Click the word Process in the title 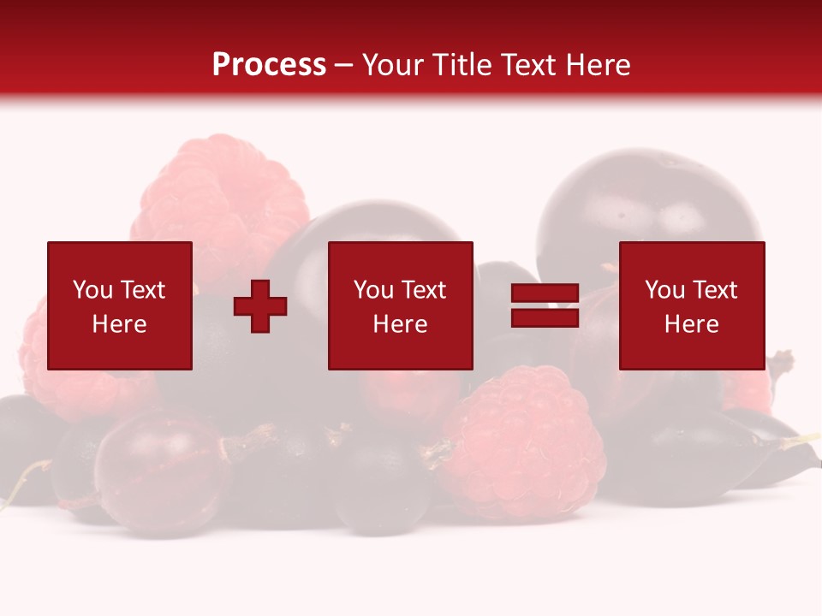pos(269,65)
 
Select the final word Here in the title pos(597,65)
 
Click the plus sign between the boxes pos(260,306)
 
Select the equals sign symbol pos(545,306)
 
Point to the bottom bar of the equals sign pos(545,317)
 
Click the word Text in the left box pos(141,290)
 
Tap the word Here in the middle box pos(400,324)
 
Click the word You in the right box pos(664,290)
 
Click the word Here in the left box pos(119,324)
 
